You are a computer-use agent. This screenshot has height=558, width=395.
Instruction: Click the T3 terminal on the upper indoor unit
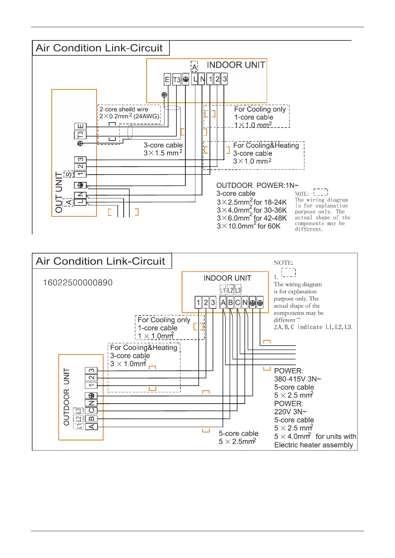pyautogui.click(x=177, y=80)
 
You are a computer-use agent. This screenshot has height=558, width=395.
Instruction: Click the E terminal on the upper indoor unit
pyautogui.click(x=167, y=80)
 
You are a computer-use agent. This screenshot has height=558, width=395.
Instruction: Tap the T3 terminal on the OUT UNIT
pyautogui.click(x=80, y=135)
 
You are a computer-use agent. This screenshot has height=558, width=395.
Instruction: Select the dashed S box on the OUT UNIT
pyautogui.click(x=68, y=174)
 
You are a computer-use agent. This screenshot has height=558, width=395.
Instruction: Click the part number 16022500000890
pyautogui.click(x=78, y=283)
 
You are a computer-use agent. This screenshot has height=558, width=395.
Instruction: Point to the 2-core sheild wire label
pyautogui.click(x=124, y=109)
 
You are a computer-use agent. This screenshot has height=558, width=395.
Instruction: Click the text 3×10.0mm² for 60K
pyautogui.click(x=249, y=226)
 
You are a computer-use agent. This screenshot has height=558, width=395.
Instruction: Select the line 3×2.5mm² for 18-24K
pyautogui.click(x=252, y=202)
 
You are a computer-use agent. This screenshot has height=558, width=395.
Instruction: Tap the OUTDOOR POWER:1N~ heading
pyautogui.click(x=257, y=186)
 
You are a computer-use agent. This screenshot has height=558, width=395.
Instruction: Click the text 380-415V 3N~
pyautogui.click(x=297, y=379)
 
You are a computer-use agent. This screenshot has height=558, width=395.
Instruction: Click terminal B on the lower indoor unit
pyautogui.click(x=230, y=303)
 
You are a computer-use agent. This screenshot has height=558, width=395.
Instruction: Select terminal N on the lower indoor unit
pyautogui.click(x=245, y=303)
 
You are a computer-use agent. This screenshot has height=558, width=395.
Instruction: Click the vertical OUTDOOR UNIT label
pyautogui.click(x=67, y=397)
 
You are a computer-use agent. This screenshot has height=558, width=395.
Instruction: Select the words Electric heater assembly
pyautogui.click(x=313, y=445)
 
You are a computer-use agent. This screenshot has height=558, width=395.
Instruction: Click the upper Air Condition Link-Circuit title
pyautogui.click(x=99, y=48)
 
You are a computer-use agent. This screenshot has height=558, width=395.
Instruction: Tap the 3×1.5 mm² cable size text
pyautogui.click(x=163, y=153)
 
